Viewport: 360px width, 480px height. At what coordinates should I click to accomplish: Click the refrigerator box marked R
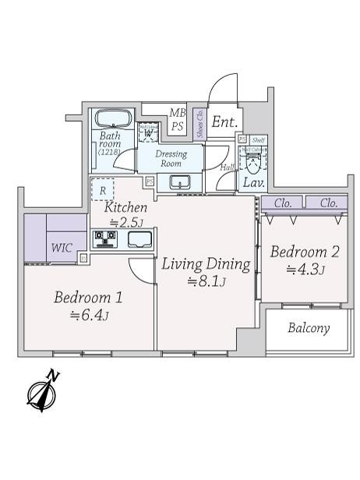point(101,189)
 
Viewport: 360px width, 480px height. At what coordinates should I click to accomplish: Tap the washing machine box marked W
point(148,132)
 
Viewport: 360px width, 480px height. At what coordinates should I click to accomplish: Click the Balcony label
point(309,328)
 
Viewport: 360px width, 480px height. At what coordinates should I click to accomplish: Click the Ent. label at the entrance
point(225,122)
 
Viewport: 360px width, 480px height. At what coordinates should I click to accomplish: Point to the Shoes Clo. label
point(199,124)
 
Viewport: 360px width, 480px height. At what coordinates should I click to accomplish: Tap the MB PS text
point(177,119)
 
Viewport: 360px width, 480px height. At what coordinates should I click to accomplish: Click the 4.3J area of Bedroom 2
point(305,270)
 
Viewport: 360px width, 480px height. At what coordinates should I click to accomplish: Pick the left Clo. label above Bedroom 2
point(282,202)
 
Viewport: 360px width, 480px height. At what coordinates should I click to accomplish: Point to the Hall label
point(228,168)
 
